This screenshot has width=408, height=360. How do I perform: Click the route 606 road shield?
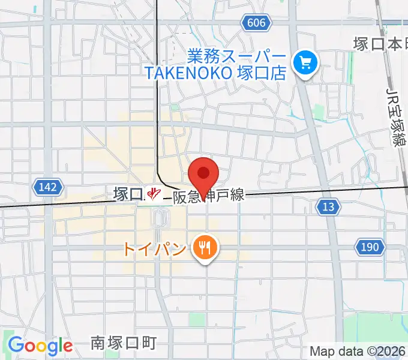click(256, 22)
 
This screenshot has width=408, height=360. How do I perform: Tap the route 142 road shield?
click(47, 187)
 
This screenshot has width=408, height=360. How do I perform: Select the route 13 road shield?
click(328, 207)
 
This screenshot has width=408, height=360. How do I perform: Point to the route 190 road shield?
click(370, 247)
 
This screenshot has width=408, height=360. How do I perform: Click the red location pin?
click(203, 174)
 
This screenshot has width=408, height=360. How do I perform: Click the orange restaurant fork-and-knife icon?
click(205, 248)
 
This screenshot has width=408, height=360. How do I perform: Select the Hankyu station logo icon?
click(154, 194)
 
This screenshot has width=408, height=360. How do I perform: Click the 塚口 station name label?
click(128, 194)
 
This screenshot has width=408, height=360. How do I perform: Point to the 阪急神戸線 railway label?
click(208, 195)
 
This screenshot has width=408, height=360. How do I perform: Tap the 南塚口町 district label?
click(124, 343)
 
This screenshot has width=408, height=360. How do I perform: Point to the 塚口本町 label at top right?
click(380, 44)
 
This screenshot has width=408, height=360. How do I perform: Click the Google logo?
click(40, 346)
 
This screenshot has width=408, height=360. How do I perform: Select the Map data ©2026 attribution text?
click(358, 351)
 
